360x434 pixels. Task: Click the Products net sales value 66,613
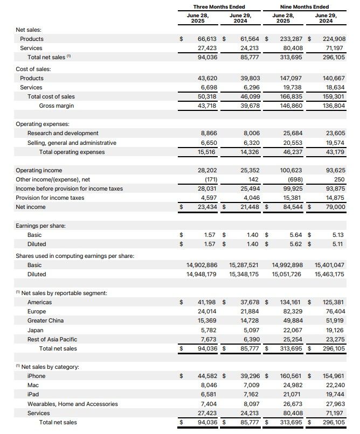[x=207, y=39]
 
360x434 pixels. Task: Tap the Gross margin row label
[x=57, y=106]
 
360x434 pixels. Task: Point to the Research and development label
[x=63, y=133]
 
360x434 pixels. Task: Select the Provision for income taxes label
[x=50, y=198]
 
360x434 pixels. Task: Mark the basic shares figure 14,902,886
[x=202, y=265]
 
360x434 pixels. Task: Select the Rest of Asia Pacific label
[x=52, y=339]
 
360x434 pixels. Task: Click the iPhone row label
[x=37, y=376]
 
